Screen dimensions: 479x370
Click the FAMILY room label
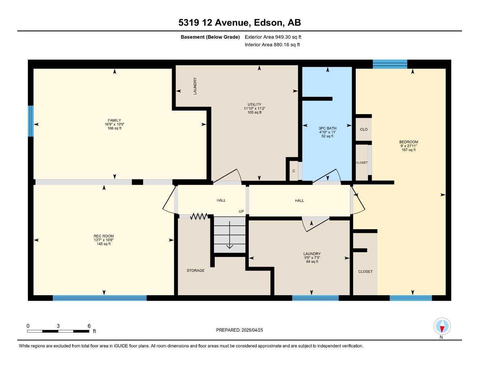tap(114, 120)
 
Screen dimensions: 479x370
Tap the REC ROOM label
tap(104, 236)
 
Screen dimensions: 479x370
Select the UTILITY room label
tap(255, 104)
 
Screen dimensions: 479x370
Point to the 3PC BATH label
tap(327, 128)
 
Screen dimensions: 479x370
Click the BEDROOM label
tap(409, 142)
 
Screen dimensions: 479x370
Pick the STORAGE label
tap(196, 270)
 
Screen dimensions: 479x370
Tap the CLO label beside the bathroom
tap(364, 129)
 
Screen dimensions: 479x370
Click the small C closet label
tap(294, 171)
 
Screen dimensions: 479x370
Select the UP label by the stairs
tap(241, 211)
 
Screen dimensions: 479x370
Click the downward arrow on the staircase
tap(230, 235)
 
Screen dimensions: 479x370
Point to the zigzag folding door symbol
tap(199, 216)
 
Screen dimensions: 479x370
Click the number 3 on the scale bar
tap(58, 326)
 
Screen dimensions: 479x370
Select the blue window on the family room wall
tap(31, 121)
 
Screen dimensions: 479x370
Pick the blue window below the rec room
tap(100, 298)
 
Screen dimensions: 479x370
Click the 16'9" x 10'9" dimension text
tap(114, 124)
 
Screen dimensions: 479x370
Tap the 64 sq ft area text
tap(312, 262)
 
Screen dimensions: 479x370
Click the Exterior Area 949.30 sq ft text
tap(273, 37)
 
